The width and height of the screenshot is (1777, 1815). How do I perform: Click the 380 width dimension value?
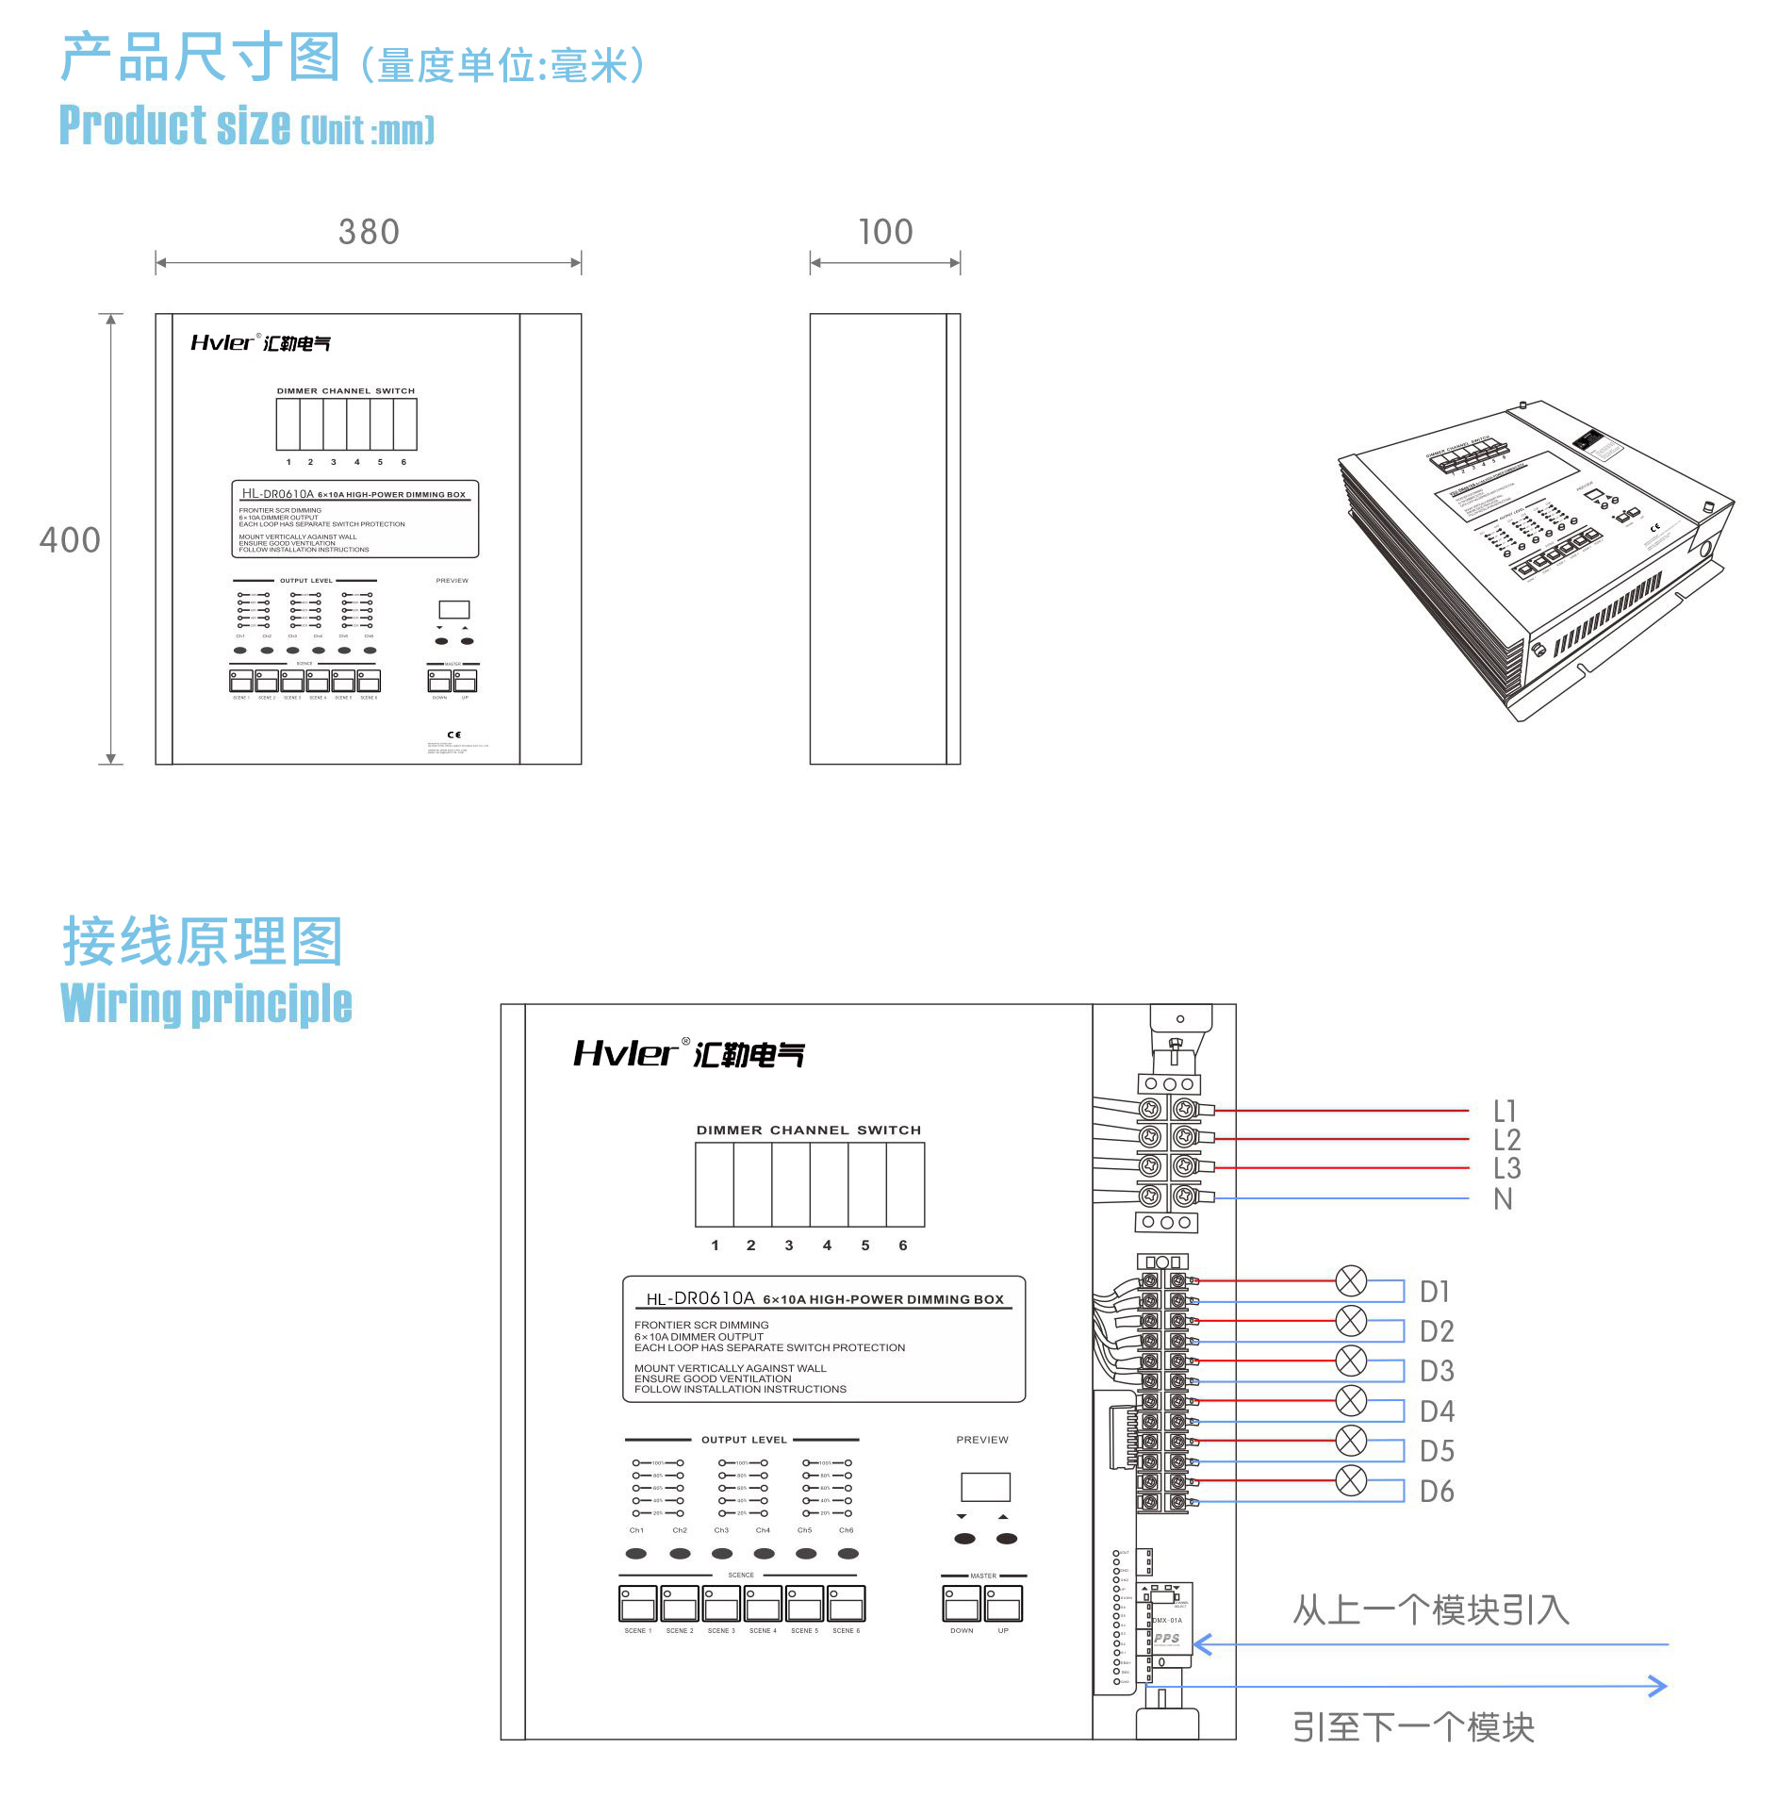(369, 232)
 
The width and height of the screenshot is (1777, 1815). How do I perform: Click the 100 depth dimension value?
(885, 232)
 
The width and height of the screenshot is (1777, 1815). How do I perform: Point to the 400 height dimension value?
(70, 540)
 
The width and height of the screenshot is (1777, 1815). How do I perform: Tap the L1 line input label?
(1505, 1111)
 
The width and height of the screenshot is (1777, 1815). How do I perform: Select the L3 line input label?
(1506, 1169)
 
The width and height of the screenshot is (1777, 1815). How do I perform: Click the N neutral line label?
(1503, 1199)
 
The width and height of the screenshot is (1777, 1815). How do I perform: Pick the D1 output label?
(1435, 1292)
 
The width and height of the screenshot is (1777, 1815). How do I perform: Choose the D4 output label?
(1437, 1411)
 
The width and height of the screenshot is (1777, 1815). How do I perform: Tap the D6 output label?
(1437, 1492)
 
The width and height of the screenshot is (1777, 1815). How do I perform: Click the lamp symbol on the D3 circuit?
(1351, 1361)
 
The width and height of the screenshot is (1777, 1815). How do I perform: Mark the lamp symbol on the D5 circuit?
(1351, 1441)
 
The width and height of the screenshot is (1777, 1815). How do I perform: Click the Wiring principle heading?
(206, 1003)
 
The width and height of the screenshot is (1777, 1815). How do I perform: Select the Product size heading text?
(175, 125)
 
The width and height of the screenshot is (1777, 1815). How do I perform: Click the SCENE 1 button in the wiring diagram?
(638, 1604)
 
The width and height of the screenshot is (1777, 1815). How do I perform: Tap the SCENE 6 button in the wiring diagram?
(847, 1604)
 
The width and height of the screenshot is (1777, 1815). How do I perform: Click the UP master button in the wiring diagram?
(1003, 1604)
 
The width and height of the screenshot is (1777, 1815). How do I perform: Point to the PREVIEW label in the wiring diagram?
(981, 1440)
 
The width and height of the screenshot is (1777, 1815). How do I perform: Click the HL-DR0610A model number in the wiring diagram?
(700, 1298)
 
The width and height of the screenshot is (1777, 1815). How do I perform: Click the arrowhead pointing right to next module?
(1657, 1687)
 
